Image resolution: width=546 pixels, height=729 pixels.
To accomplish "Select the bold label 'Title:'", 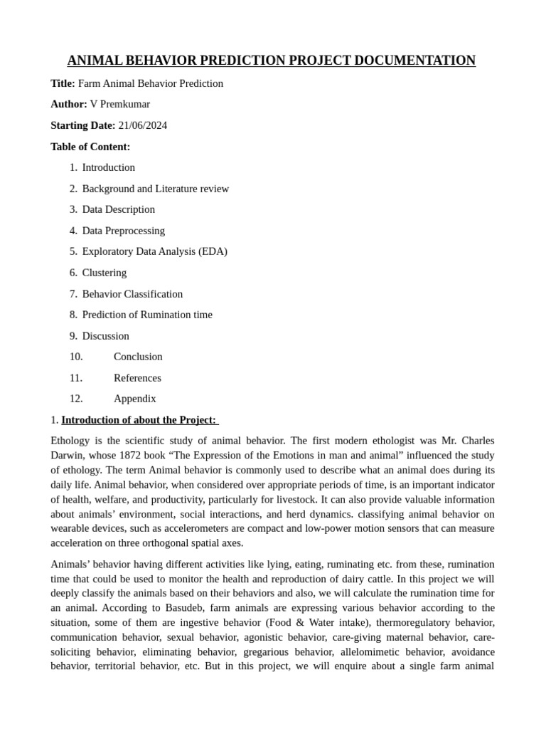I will click(63, 83).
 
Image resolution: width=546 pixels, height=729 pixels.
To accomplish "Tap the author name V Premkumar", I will click(119, 104).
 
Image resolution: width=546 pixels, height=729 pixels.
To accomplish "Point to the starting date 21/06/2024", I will click(142, 125).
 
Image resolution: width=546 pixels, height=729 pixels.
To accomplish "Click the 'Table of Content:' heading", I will click(90, 147).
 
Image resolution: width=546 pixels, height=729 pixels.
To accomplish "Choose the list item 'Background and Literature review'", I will click(155, 189).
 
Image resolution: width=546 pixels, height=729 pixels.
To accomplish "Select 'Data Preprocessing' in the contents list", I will click(123, 231).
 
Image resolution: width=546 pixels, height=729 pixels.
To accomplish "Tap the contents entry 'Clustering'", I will click(104, 273).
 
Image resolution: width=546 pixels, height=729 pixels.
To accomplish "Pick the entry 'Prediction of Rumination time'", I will click(147, 315).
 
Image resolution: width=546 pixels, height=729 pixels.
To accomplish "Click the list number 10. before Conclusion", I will click(76, 357).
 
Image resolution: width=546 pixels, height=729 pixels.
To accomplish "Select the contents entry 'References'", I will click(137, 378).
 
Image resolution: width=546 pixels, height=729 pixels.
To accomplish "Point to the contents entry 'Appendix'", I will click(134, 399).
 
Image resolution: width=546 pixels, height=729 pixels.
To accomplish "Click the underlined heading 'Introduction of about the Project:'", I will click(139, 420).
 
